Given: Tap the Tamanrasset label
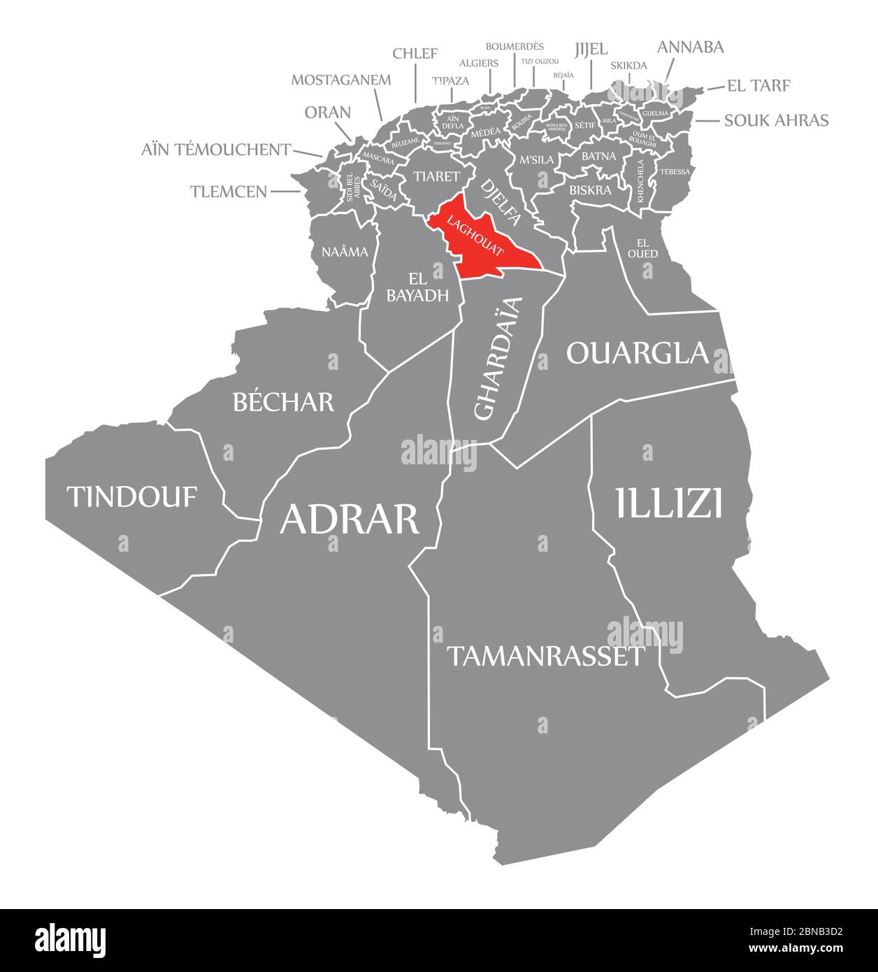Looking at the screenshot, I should pos(545,656).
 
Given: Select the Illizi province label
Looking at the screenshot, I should pos(668,503).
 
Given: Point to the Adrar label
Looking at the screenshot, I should pos(350,519).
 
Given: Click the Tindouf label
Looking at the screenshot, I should pos(132,497).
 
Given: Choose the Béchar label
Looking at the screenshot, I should pos(283,402).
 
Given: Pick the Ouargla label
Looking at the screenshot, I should pos(638,353).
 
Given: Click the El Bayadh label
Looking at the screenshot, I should pos(417,287).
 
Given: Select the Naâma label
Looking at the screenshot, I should pos(345,252).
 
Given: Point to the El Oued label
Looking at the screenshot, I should pos(642,248).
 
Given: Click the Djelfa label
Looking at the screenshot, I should pos(501,203).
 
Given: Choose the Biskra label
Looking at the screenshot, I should pos(590,190).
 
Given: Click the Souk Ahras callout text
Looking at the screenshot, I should pos(776,120).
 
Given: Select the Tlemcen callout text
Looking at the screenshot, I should pos(229,191).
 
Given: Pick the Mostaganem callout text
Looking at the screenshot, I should pos(341,79).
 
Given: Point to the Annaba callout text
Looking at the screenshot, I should pos(691,47).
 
